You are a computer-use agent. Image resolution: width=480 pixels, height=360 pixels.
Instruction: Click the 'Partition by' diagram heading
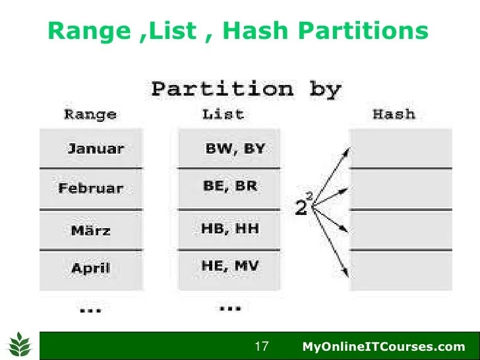coord(247,88)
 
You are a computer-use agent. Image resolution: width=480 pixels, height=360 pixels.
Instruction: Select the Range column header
coord(90,114)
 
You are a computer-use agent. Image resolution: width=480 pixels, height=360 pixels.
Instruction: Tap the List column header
coord(222,114)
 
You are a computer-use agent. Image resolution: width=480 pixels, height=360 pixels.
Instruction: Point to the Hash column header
coord(394,114)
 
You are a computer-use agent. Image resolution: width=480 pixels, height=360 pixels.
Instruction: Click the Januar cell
coord(92,148)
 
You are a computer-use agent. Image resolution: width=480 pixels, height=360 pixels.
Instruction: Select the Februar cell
coord(90,189)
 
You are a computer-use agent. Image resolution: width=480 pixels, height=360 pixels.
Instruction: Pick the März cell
coord(91,230)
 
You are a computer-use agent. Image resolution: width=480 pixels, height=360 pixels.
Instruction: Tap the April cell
coord(91,269)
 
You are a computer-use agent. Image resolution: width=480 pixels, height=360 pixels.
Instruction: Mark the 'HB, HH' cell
coord(230,229)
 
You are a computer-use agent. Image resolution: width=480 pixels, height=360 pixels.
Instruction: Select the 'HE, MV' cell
coord(230,267)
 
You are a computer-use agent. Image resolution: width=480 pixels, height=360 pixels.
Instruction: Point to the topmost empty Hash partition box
coord(400,148)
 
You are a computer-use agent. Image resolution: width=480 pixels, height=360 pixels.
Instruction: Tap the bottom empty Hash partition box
coord(400,270)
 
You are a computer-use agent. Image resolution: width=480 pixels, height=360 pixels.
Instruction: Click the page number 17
coord(262,346)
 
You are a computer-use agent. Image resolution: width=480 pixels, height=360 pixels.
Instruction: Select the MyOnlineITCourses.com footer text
coord(383,346)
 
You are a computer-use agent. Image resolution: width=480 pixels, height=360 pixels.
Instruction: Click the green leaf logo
coord(20,344)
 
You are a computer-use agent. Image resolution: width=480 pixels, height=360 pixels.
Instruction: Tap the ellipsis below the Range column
coord(90,309)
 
